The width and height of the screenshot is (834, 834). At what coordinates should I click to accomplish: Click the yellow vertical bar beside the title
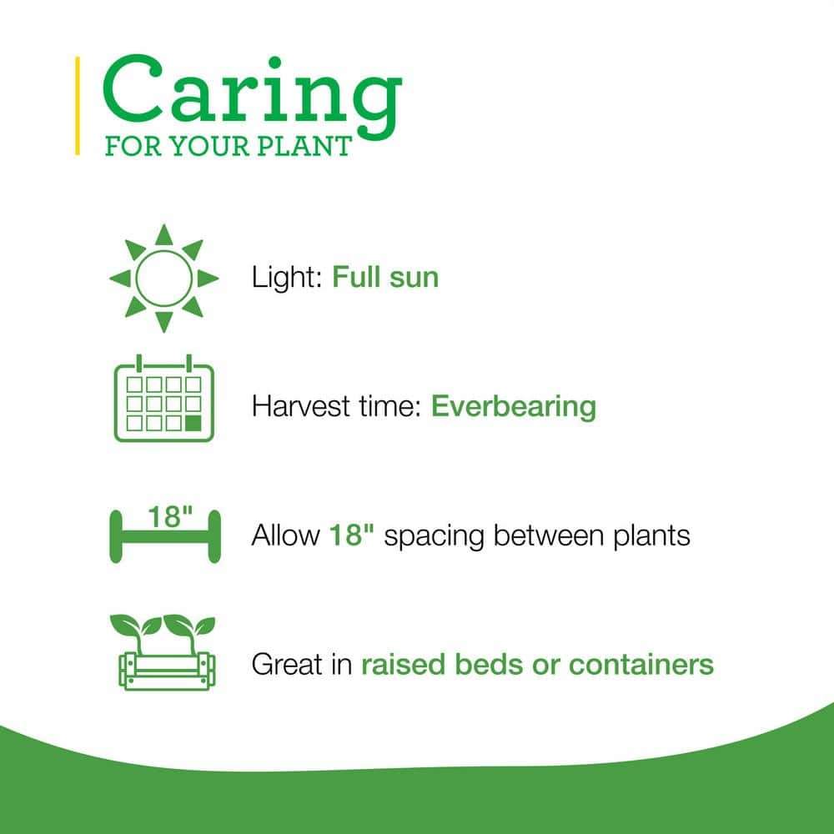78,106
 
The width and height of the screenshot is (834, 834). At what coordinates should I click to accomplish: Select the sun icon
164,278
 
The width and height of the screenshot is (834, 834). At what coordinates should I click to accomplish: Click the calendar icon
163,399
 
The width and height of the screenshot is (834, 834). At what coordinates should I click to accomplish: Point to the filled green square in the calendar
193,423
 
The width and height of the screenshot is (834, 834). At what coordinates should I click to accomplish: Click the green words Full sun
385,277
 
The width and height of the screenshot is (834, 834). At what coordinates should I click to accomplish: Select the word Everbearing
514,407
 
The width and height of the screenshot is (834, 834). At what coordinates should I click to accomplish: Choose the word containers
641,665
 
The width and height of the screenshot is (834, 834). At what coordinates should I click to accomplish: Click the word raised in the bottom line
401,665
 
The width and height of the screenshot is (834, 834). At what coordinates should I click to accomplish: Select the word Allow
285,535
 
